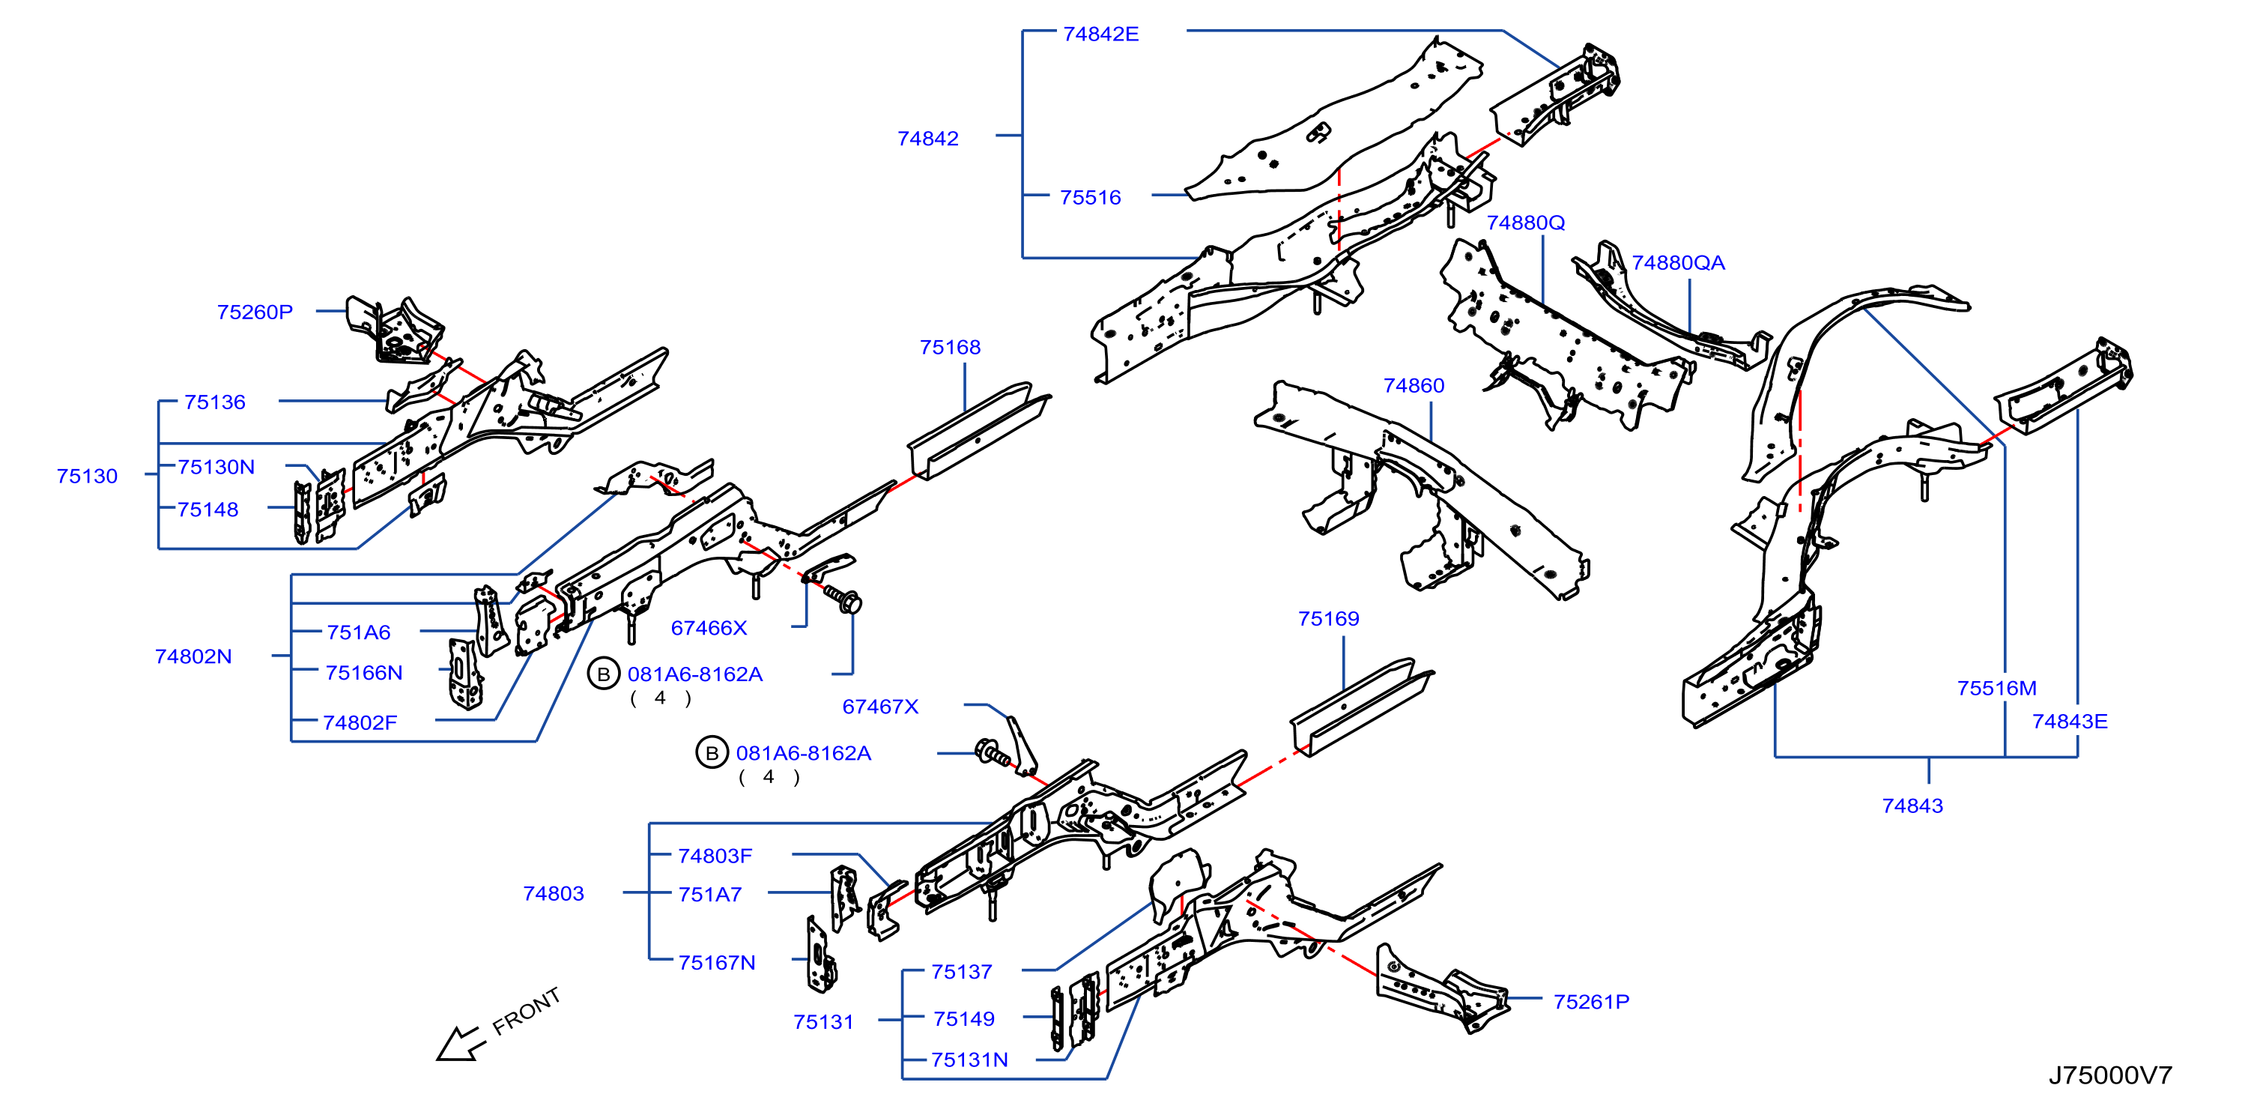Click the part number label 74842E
click(1100, 34)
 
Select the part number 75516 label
click(1090, 198)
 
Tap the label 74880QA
click(1677, 262)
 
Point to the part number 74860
click(1414, 385)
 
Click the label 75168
click(950, 347)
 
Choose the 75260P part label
click(255, 312)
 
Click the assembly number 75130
click(87, 476)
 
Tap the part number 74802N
click(193, 656)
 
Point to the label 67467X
click(880, 707)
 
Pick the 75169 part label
click(1328, 619)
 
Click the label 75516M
click(1997, 688)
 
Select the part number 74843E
click(2070, 722)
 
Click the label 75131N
click(969, 1060)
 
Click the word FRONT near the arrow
click(526, 1011)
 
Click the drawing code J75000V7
click(2110, 1075)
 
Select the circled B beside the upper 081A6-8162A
click(604, 674)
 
